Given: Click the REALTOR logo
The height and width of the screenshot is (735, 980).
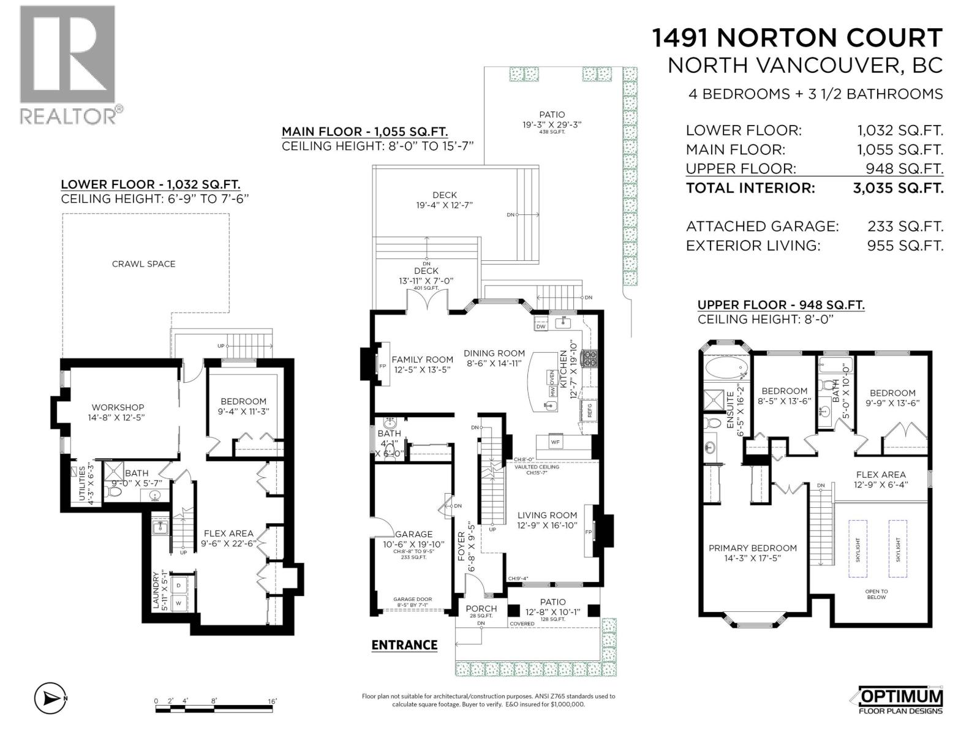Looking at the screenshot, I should tap(67, 64).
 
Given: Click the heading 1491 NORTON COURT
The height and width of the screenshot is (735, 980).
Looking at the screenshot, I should tap(796, 38).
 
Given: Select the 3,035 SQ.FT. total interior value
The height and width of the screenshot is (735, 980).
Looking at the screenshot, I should tap(898, 188).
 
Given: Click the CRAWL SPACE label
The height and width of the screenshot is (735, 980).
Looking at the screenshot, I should tap(143, 264).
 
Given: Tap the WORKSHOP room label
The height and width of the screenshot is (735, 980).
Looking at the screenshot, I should tap(118, 407).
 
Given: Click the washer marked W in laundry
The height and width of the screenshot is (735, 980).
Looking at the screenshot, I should tap(179, 603).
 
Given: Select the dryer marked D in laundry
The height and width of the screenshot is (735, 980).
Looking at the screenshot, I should tap(179, 585).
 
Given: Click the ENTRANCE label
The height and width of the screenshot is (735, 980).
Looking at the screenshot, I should tap(404, 645).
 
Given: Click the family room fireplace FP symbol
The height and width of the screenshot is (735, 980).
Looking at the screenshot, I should tap(382, 366).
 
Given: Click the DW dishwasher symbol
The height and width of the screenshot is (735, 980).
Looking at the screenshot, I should tap(541, 326).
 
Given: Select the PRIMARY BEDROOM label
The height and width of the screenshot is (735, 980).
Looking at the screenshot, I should tap(752, 548).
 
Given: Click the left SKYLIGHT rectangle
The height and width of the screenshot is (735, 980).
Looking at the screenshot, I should tap(858, 549).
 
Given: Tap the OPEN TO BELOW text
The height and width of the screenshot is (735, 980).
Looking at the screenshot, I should tap(876, 594).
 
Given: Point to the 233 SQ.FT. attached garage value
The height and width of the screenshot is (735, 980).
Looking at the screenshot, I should tap(905, 227).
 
